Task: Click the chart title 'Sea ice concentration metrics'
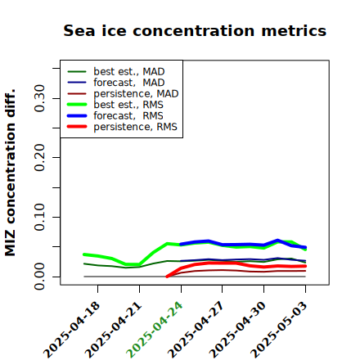point(195,31)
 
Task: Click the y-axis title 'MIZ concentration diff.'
point(10,173)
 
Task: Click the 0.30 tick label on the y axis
point(39,98)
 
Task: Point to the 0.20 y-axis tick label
point(39,157)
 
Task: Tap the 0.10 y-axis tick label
point(39,217)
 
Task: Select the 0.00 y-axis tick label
point(39,277)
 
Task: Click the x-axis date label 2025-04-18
point(72,330)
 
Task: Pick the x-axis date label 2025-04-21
point(114,330)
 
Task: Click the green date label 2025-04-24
point(155,330)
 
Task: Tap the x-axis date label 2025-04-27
point(196,330)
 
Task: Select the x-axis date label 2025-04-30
point(238,330)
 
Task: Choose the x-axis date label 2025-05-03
point(279,330)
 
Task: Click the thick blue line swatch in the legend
point(77,115)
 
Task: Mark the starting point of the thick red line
point(167,277)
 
